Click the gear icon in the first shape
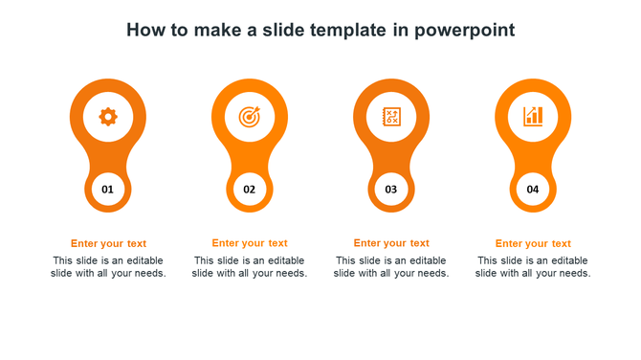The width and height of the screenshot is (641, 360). coord(108,117)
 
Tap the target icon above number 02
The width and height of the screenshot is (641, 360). coord(249,117)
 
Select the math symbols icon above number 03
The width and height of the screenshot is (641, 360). coord(391,117)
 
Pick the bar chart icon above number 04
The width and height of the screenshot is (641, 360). coord(533,117)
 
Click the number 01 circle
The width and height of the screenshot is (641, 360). coord(108,190)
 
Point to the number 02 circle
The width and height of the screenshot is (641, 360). coord(249,190)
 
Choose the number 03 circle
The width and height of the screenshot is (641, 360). coord(391,190)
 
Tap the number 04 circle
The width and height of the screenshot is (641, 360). coord(533,190)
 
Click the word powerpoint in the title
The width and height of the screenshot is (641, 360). coord(466,31)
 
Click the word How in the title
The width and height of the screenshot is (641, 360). coord(144,31)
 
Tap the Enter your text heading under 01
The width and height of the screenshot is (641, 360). coord(108,243)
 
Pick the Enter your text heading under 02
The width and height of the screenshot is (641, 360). coord(250,243)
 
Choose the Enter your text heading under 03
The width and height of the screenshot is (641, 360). coord(391,243)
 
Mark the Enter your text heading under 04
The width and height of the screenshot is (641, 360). coord(533,243)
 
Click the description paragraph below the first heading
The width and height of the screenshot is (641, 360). coord(108,267)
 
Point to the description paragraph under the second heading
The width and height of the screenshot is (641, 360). coord(250,267)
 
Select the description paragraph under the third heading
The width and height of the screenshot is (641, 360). coord(391,267)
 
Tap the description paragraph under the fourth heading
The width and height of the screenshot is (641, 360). coord(533,267)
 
